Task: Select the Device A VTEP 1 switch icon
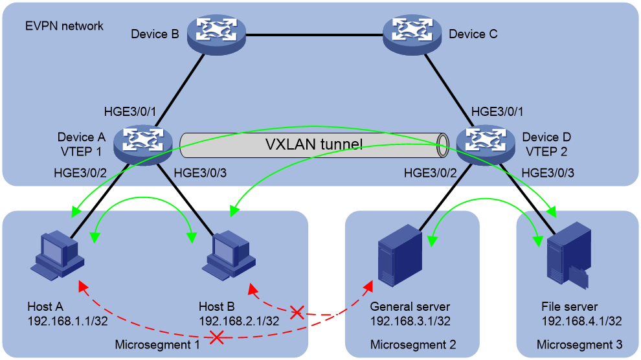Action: click(x=142, y=144)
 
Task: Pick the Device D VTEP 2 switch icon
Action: click(x=486, y=144)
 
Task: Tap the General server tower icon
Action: click(x=399, y=255)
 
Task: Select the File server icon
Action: click(x=569, y=255)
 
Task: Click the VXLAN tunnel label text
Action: click(x=314, y=144)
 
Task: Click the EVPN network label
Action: click(x=64, y=26)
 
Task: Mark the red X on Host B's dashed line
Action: click(x=297, y=313)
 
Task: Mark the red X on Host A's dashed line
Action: click(x=217, y=337)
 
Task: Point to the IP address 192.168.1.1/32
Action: click(x=67, y=321)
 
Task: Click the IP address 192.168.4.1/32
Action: click(x=581, y=321)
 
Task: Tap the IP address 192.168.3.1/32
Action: click(x=410, y=321)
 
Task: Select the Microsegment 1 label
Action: click(x=157, y=345)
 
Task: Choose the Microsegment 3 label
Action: click(x=579, y=345)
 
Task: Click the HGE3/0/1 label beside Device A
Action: click(x=130, y=111)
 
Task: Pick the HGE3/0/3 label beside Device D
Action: click(x=548, y=173)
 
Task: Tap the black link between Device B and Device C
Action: click(x=315, y=35)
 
